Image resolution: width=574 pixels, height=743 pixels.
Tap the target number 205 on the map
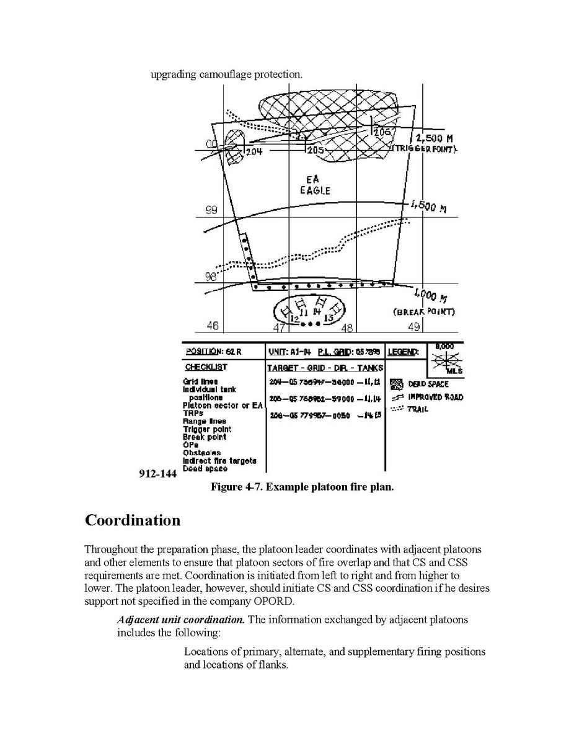[x=316, y=149]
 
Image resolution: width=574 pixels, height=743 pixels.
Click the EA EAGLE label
[x=315, y=185]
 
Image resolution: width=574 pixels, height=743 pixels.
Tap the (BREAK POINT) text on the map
[x=424, y=311]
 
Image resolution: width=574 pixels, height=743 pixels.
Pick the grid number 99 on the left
[x=211, y=210]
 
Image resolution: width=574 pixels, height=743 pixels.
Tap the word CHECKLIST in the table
[x=206, y=367]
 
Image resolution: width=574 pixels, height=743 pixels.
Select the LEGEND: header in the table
[x=403, y=352]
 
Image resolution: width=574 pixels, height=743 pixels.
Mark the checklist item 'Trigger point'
[x=206, y=429]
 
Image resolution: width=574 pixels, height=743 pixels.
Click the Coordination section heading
[x=132, y=520]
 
